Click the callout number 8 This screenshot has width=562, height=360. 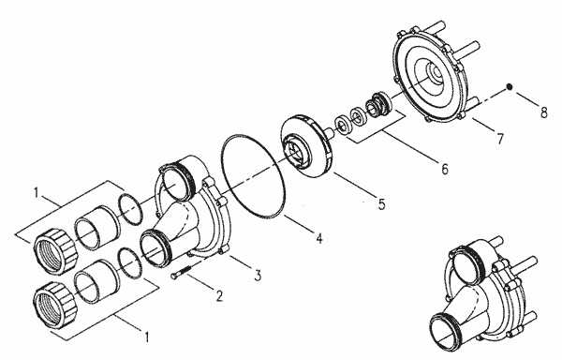(543, 112)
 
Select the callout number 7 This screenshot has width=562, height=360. (500, 139)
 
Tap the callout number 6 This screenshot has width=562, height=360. (444, 169)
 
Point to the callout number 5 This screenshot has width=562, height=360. (381, 204)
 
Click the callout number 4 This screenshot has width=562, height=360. (319, 238)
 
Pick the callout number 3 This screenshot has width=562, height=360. (258, 275)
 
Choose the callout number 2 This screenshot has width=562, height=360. (219, 295)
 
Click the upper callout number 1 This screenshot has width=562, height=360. (37, 192)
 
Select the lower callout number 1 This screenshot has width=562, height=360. (146, 337)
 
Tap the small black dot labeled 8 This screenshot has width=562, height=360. (509, 86)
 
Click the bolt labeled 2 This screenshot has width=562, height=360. (182, 272)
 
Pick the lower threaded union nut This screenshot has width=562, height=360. (55, 304)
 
